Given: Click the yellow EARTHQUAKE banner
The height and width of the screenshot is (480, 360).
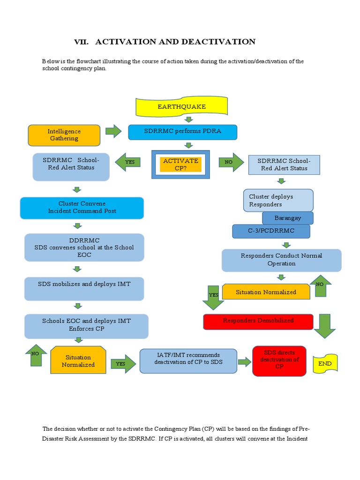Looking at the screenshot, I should [181, 107].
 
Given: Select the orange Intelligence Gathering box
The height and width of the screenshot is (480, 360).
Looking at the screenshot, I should [64, 135].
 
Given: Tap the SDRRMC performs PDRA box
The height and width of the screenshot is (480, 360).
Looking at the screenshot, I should [182, 132].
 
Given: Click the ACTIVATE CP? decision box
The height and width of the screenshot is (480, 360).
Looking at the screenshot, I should [180, 165].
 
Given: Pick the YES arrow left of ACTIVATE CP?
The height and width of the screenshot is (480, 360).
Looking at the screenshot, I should [128, 162].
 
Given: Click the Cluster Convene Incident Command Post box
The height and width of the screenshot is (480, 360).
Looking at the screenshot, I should [82, 208].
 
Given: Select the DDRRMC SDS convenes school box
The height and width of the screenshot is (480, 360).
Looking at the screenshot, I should [84, 247].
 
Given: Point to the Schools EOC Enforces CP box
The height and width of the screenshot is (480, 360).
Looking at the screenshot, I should [86, 325].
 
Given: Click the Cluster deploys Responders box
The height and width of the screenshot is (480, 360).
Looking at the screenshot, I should [278, 200].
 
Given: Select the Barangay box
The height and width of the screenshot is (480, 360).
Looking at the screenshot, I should [288, 218].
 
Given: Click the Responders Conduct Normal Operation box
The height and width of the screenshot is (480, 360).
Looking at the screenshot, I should [281, 260].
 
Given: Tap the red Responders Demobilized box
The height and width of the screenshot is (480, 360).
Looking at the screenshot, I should [258, 322].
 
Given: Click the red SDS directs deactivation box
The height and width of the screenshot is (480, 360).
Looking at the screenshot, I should [279, 360].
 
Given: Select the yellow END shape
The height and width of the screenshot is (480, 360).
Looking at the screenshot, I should [325, 364].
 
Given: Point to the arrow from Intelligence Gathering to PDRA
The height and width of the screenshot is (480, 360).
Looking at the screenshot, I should [113, 131].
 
